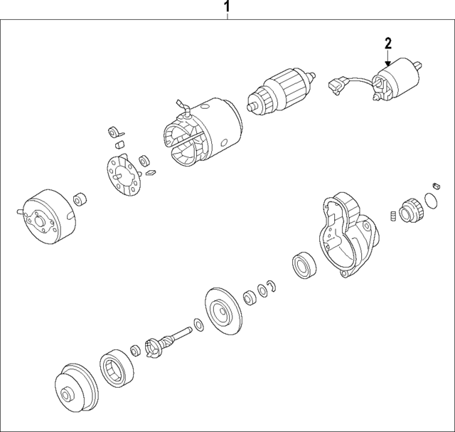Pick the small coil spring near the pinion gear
pyautogui.click(x=392, y=216)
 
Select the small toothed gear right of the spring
pyautogui.click(x=410, y=209)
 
